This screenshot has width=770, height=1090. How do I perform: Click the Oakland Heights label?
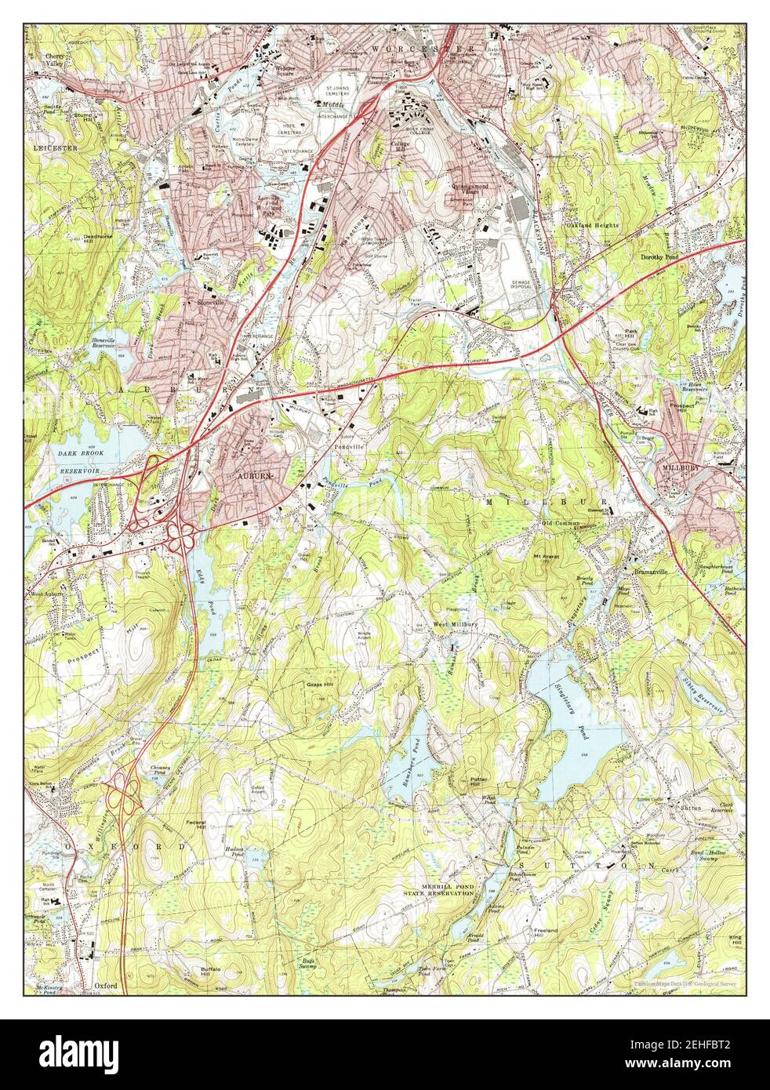(593, 225)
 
